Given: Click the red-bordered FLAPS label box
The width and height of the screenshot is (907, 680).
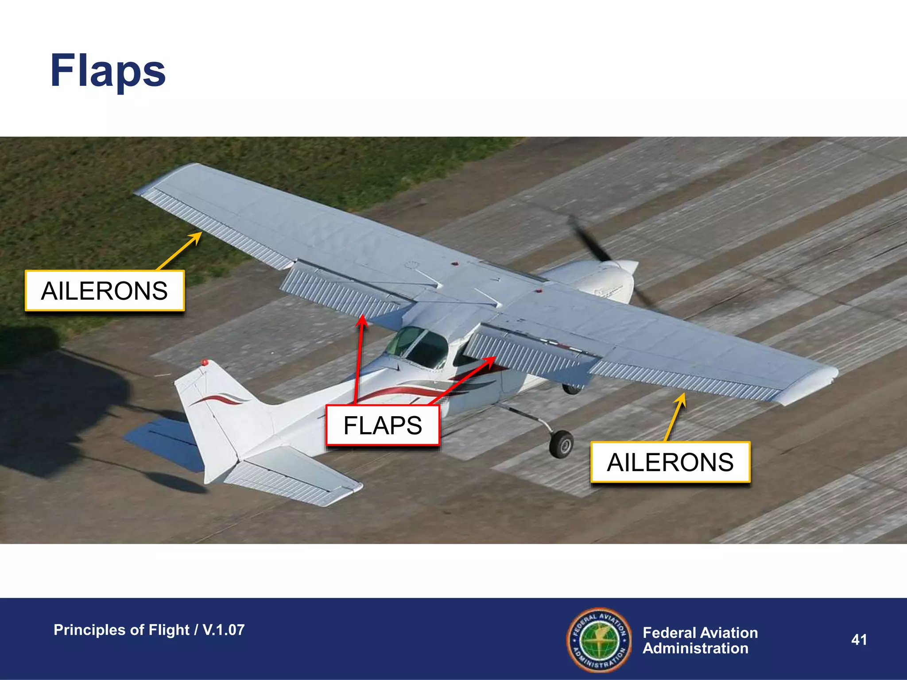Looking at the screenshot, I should [383, 425].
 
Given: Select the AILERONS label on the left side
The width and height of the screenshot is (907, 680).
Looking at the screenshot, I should [105, 291].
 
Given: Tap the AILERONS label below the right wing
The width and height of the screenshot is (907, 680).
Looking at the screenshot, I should [670, 462].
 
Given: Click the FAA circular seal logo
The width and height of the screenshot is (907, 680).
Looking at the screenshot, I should [599, 640].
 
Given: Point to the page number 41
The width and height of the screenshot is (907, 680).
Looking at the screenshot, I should [859, 640].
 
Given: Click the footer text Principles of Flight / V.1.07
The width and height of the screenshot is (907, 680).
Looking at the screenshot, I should [149, 630].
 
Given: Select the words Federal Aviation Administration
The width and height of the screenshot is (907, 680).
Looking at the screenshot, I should [700, 641].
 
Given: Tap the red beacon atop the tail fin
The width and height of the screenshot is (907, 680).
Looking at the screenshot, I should [205, 363].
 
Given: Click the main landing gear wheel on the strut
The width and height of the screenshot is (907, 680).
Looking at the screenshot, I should [561, 444].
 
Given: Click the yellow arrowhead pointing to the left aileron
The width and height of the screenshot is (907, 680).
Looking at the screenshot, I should [197, 237].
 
